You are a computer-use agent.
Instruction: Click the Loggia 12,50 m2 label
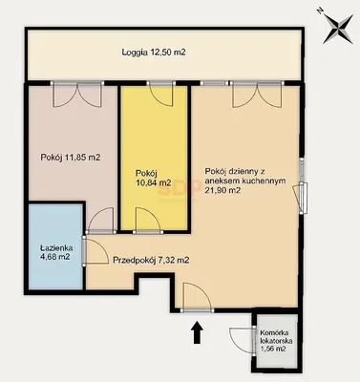[x=154, y=53]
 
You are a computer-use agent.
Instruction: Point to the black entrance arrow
[x=198, y=332]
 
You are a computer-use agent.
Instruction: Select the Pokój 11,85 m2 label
[x=71, y=158]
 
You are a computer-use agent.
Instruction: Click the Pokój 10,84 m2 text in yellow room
[x=153, y=178]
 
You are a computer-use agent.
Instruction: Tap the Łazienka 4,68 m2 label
[x=56, y=252]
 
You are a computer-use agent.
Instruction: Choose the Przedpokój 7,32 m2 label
[x=152, y=261]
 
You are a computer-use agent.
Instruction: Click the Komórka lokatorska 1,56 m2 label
[x=275, y=341]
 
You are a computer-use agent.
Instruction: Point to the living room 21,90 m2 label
[x=245, y=180]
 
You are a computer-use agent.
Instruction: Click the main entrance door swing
[x=197, y=296]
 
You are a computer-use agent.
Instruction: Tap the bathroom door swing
[x=95, y=250]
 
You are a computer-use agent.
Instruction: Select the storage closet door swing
[x=243, y=341]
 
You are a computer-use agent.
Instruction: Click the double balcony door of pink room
[x=77, y=95]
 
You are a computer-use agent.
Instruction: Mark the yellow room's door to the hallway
[x=148, y=221]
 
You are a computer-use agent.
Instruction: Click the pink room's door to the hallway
[x=101, y=221]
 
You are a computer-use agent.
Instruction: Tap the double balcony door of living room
[x=258, y=95]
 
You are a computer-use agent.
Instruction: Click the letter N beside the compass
[x=319, y=11]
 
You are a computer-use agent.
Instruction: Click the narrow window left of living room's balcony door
[x=215, y=83]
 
